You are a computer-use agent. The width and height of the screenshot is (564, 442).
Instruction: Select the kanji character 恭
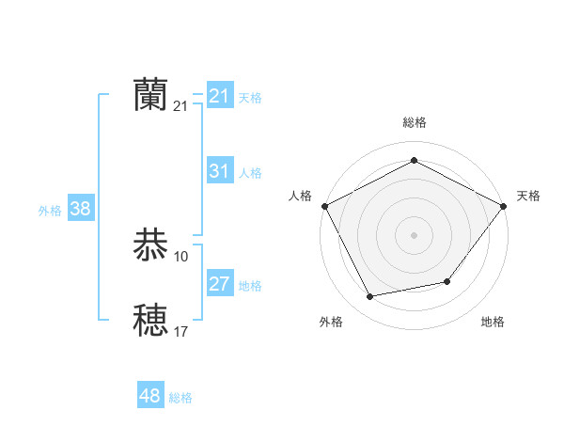click(151, 245)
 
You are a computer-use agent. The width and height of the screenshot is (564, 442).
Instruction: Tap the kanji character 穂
click(151, 320)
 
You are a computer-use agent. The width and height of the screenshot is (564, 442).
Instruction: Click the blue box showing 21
click(219, 96)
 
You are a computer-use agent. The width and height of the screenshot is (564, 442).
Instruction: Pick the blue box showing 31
click(219, 171)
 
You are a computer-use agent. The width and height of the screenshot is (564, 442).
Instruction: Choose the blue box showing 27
click(219, 284)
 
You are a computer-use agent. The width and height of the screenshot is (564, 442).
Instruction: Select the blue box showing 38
click(80, 209)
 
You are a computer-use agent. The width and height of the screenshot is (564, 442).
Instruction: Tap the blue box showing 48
click(149, 396)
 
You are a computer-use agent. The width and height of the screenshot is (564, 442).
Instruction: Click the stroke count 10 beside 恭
click(181, 257)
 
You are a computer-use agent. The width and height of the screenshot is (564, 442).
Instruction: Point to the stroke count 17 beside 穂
click(181, 331)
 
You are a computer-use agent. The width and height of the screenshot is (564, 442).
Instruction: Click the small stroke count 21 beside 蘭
click(181, 106)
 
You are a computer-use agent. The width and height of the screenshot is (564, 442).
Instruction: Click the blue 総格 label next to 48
click(180, 398)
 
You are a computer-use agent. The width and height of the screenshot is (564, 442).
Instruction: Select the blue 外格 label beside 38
click(50, 211)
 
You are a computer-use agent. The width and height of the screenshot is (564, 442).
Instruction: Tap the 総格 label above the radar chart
click(414, 122)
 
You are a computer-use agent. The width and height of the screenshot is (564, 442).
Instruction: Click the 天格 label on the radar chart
click(528, 196)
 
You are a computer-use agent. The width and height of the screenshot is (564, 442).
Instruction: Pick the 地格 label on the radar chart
click(493, 323)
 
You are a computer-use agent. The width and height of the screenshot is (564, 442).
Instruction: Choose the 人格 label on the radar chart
click(301, 196)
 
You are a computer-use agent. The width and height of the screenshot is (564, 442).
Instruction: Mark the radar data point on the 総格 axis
click(414, 161)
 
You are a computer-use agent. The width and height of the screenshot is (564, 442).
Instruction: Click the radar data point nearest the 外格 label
click(370, 297)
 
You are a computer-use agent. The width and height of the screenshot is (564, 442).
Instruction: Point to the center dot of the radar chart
click(414, 234)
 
